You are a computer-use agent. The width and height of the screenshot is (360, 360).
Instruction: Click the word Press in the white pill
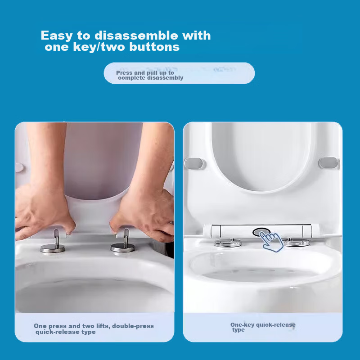[x=124, y=72]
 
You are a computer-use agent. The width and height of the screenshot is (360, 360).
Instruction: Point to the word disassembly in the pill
[x=167, y=78]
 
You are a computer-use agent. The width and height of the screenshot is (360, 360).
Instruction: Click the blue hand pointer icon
[x=271, y=241]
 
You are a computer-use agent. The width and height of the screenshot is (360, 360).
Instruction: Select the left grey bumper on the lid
[x=194, y=162]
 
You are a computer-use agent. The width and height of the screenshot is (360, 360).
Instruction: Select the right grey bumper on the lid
[x=328, y=162]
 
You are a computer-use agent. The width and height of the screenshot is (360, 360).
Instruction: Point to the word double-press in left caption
[x=132, y=326]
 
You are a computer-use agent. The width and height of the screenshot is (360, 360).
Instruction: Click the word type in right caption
[x=238, y=330]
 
